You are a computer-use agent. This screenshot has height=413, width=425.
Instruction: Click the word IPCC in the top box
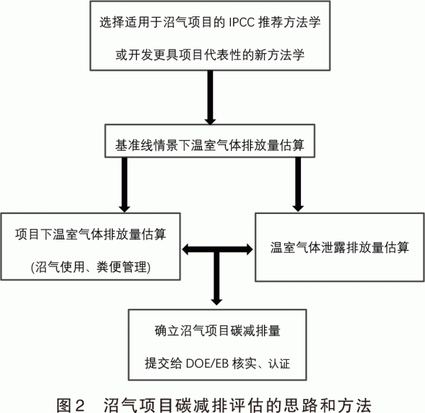pyautogui.click(x=242, y=22)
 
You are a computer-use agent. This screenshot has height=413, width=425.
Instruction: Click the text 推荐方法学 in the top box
pyautogui.click(x=289, y=22)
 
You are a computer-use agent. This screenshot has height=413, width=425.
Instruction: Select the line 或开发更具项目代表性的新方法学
pyautogui.click(x=210, y=55)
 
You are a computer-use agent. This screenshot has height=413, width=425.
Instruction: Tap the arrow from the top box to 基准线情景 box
pyautogui.click(x=210, y=98)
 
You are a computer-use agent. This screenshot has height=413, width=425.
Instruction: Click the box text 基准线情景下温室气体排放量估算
pyautogui.click(x=210, y=145)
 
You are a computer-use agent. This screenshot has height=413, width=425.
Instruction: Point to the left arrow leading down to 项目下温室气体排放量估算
pyautogui.click(x=125, y=185)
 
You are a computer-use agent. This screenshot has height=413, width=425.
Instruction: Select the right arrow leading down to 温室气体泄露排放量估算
pyautogui.click(x=298, y=185)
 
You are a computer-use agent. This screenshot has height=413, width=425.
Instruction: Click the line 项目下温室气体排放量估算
pyautogui.click(x=91, y=234)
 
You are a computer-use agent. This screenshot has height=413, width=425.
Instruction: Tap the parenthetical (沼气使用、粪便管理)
pyautogui.click(x=91, y=267)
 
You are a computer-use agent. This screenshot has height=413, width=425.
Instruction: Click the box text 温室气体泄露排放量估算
pyautogui.click(x=339, y=247)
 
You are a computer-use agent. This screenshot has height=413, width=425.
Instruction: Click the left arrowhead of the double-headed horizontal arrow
pyautogui.click(x=186, y=249)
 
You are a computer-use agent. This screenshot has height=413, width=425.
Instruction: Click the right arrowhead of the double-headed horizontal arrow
pyautogui.click(x=249, y=249)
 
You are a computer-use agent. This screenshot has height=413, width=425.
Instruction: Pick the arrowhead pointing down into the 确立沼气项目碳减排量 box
pyautogui.click(x=217, y=302)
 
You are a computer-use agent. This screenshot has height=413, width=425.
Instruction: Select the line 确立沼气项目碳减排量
pyautogui.click(x=217, y=331)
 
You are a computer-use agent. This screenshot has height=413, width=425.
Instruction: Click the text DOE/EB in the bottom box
pyautogui.click(x=208, y=363)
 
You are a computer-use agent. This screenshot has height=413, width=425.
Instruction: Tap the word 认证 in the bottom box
pyautogui.click(x=279, y=363)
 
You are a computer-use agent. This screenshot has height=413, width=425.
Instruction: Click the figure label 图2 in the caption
pyautogui.click(x=71, y=405)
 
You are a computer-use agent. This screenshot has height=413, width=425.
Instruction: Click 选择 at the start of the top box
pyautogui.click(x=112, y=22)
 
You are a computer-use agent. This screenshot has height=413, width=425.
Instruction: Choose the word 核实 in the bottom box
pyautogui.click(x=244, y=363)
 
